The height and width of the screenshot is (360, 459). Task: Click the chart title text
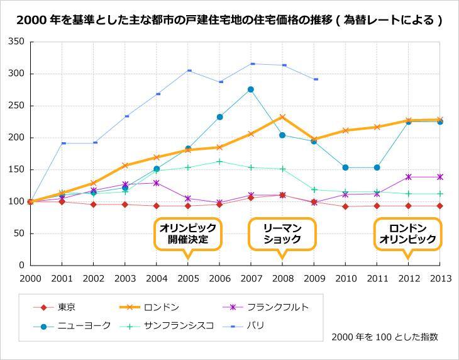pos(229,20)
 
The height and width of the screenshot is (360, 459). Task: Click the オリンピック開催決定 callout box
pos(187,234)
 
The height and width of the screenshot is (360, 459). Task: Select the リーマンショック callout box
pos(282,234)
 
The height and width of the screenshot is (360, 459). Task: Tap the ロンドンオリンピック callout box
pos(408,234)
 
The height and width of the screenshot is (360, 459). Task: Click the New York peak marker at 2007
pos(251,89)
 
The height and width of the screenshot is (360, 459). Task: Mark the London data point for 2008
pos(282,117)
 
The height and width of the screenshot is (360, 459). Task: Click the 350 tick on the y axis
pos(16,42)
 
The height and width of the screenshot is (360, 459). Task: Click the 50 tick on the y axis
pos(19,233)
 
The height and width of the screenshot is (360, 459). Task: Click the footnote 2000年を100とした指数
pos(385,337)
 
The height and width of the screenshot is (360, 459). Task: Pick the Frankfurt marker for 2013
pos(440,177)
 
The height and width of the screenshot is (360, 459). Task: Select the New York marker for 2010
pos(345,167)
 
